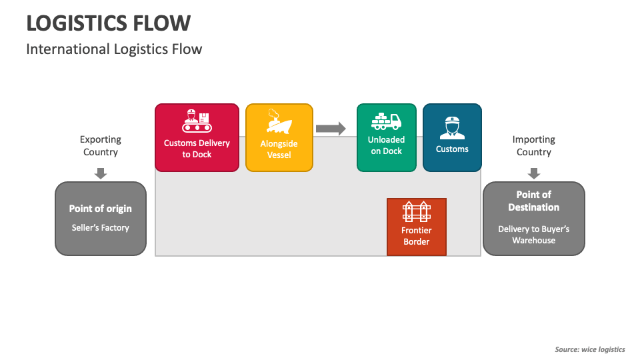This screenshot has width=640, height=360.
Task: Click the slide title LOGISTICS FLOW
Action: [x=109, y=23]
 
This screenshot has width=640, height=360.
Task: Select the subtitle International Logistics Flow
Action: [x=114, y=49]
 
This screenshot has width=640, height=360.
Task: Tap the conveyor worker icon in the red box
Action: [x=197, y=121]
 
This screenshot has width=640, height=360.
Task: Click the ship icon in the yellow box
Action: [x=279, y=123]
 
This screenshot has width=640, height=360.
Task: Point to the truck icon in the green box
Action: [x=386, y=121]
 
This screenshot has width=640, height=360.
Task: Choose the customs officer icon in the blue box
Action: [x=452, y=127]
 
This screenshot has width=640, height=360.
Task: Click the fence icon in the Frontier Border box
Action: [x=417, y=212]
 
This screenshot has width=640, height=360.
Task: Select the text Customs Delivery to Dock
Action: [x=197, y=149]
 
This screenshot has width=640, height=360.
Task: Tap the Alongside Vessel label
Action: [x=279, y=149]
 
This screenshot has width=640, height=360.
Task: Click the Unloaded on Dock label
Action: [x=386, y=145]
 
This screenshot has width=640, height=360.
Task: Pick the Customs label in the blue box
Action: [x=452, y=149]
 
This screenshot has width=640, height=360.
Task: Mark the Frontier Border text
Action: [x=417, y=236]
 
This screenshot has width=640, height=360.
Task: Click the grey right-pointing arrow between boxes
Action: [x=331, y=129]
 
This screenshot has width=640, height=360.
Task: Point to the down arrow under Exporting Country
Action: [x=101, y=173]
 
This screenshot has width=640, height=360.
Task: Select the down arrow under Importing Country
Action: [x=533, y=173]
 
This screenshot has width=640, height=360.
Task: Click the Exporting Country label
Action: [x=101, y=146]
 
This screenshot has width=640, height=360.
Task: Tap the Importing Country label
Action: [x=533, y=146]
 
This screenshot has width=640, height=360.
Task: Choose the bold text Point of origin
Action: [x=101, y=209]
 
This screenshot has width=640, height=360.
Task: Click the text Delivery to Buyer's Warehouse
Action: [x=533, y=235]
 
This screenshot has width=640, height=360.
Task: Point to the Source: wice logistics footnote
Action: [x=589, y=349]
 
